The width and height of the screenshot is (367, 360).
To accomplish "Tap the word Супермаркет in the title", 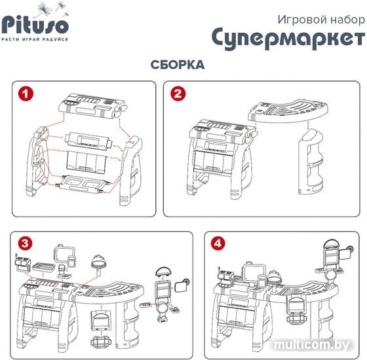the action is click(x=288, y=38).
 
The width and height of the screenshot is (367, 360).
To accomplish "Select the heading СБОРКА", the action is click(x=178, y=65).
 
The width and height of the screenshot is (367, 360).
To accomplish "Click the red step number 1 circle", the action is click(x=26, y=94).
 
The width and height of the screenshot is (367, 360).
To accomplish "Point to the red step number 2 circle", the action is click(x=178, y=94).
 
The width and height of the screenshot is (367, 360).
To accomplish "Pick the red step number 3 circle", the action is click(x=26, y=243).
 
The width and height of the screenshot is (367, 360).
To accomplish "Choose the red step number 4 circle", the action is click(x=218, y=243).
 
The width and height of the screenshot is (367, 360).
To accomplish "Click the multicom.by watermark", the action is click(x=311, y=344).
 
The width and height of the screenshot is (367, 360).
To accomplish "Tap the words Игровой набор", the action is click(x=321, y=20).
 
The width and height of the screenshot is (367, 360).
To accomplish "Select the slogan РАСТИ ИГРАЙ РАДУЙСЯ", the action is click(x=35, y=39).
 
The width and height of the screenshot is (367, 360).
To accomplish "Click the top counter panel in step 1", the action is click(x=92, y=106).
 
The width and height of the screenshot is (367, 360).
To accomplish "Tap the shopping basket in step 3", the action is click(x=101, y=342).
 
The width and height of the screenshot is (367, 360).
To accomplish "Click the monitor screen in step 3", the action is click(x=64, y=255).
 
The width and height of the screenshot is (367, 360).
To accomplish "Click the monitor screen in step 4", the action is click(x=254, y=272).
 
